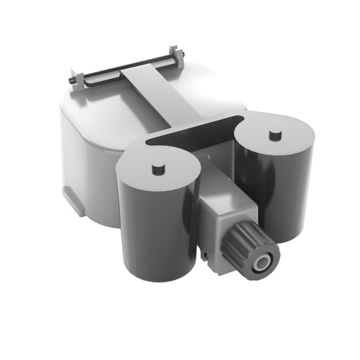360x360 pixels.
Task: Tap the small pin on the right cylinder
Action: pos(275,134)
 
